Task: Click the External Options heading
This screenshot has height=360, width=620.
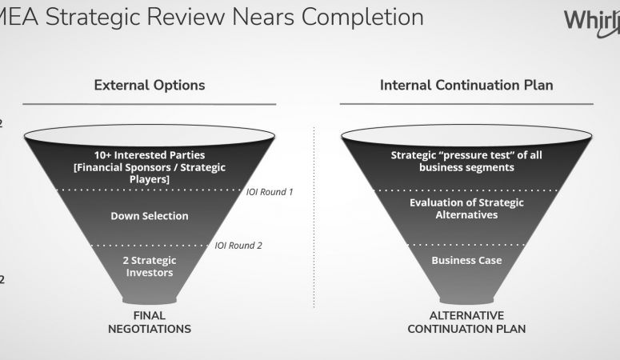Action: [150, 85]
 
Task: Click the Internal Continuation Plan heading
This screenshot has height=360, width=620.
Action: [466, 85]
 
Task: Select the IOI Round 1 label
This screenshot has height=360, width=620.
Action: [270, 192]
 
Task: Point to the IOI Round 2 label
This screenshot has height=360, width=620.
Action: [238, 246]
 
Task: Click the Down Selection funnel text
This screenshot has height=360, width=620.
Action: [150, 216]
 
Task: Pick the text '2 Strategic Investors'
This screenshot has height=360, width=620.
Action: [150, 266]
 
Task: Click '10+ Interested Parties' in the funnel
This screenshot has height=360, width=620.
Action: [150, 154]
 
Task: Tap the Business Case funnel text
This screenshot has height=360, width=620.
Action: [466, 260]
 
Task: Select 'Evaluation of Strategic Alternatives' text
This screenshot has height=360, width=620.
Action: [466, 209]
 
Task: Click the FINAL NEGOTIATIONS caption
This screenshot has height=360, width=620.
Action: [150, 322]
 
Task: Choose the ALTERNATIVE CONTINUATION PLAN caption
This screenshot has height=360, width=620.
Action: [466, 322]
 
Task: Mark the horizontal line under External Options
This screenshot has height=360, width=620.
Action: [150, 104]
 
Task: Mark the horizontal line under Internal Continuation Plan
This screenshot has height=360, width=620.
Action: [466, 104]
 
